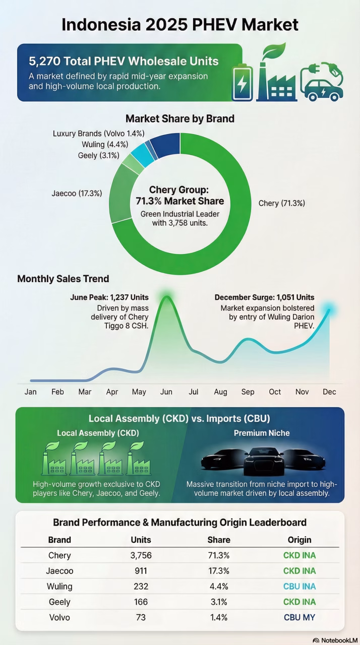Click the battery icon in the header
pos(242,82)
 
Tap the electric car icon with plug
pos(322,82)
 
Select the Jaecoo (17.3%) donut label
pos(77,193)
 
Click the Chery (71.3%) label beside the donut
pos(281,203)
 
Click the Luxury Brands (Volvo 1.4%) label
pos(99,134)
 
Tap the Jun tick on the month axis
pos(166,392)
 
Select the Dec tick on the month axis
pos(329,392)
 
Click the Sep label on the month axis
pos(248,392)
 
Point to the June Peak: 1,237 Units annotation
pos(109,298)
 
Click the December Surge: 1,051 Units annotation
pos(264,297)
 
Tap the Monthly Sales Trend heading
pos(63,279)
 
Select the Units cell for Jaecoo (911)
pos(141,571)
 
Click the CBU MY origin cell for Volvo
pos(299,617)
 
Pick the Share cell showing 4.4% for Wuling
pos(219,587)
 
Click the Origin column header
pos(299,540)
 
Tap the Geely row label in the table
pos(59,602)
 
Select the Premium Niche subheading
pos(262,433)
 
